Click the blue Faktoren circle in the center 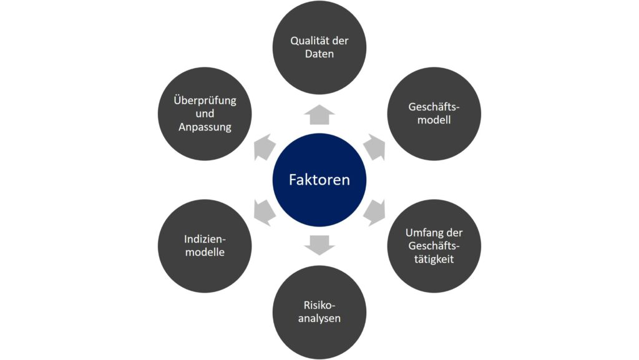[x=319, y=180]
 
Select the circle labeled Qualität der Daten [x=319, y=47]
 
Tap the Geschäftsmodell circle [x=434, y=114]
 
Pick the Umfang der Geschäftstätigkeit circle [x=434, y=246]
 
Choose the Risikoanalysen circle [x=319, y=313]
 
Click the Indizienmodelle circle [x=205, y=246]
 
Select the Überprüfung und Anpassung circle [x=205, y=114]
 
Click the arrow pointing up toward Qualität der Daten [x=319, y=115]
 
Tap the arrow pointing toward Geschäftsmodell [x=375, y=147]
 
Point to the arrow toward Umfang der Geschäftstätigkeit [x=375, y=213]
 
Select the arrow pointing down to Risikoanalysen [x=319, y=245]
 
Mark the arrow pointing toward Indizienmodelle [x=264, y=213]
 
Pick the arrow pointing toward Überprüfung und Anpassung [x=264, y=147]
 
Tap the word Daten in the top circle [x=319, y=54]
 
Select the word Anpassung [x=205, y=127]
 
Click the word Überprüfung [x=205, y=100]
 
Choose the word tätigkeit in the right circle [x=434, y=260]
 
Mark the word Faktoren [x=319, y=180]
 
